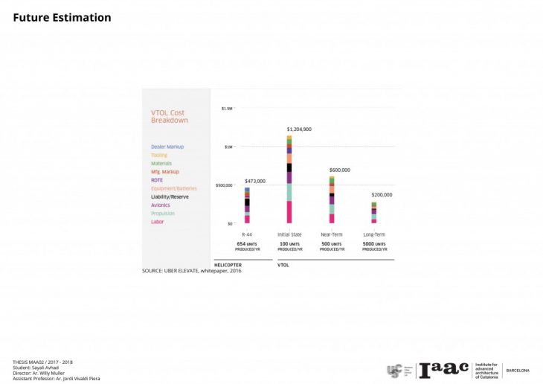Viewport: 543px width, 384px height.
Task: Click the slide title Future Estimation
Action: (x=62, y=17)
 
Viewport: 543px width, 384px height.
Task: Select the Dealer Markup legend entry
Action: (x=167, y=147)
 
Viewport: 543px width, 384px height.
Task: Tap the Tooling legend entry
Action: (x=159, y=155)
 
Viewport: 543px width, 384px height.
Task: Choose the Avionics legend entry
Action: (x=160, y=205)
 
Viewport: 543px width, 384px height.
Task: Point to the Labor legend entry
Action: (x=157, y=222)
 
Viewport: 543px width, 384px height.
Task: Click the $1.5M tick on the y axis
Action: (x=228, y=109)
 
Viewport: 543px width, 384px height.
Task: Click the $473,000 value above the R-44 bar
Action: (x=255, y=181)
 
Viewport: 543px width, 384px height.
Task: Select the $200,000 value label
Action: (x=382, y=195)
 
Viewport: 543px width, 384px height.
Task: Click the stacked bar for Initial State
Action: (x=289, y=179)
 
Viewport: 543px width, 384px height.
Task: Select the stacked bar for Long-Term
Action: (x=374, y=213)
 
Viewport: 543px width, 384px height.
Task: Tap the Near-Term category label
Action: (x=332, y=234)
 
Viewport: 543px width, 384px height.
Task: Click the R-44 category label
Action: (x=247, y=234)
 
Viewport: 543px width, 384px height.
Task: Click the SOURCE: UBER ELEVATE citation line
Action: (x=192, y=271)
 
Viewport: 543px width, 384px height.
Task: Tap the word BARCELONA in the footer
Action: (x=518, y=370)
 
